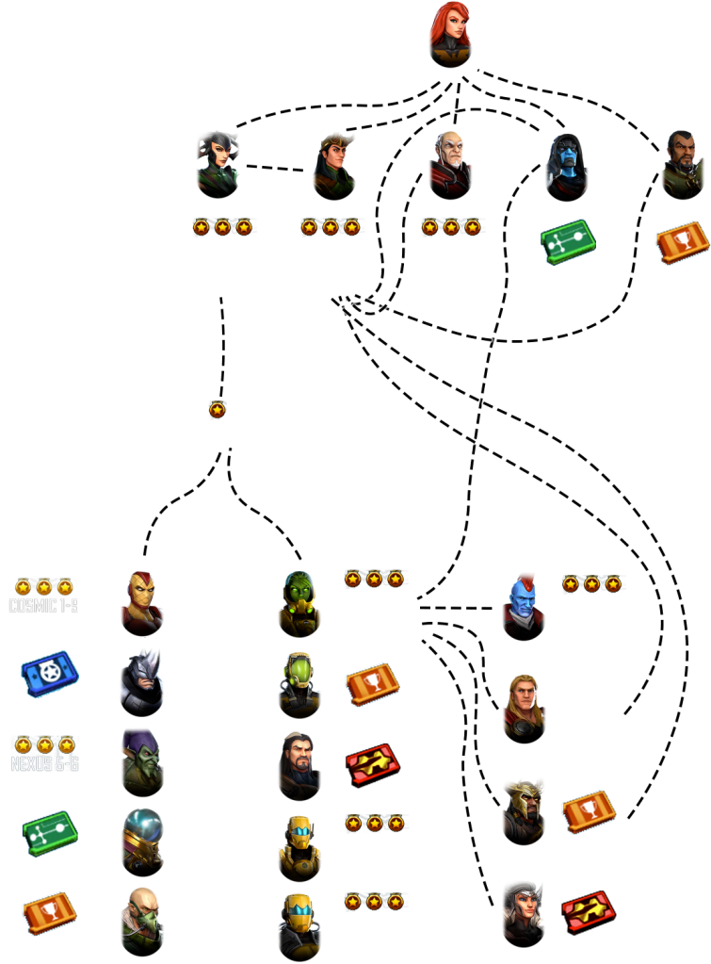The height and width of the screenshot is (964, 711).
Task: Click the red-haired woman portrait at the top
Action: click(450, 30)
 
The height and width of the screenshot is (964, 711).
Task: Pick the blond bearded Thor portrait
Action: click(524, 703)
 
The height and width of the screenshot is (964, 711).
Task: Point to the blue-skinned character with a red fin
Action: click(523, 601)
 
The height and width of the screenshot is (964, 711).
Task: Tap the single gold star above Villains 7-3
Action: click(218, 410)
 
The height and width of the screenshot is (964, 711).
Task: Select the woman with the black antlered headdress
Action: click(218, 160)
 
